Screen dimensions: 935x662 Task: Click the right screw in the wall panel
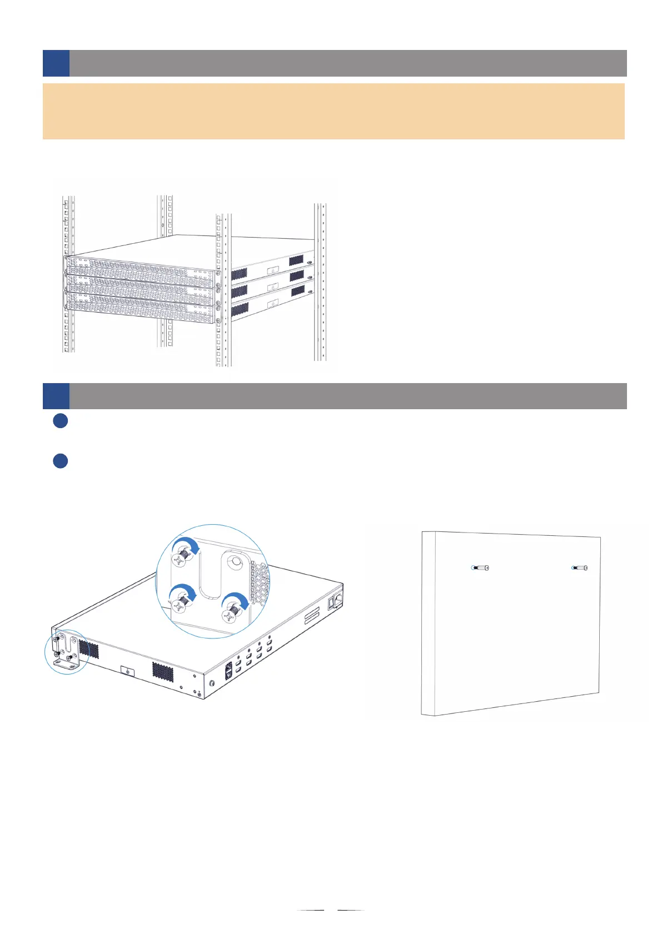click(x=580, y=568)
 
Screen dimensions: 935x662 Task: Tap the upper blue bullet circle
click(x=61, y=421)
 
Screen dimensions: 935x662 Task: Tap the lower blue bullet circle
click(x=61, y=461)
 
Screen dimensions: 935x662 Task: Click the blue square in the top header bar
click(x=56, y=63)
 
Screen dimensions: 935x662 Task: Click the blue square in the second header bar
click(x=56, y=396)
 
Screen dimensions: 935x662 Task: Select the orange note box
click(x=334, y=111)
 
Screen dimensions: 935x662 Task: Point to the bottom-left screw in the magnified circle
click(x=181, y=602)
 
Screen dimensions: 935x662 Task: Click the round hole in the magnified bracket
click(x=236, y=561)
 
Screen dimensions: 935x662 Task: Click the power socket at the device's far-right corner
click(x=336, y=602)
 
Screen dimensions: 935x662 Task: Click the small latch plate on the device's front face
click(x=127, y=671)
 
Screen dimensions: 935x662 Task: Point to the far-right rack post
click(x=320, y=283)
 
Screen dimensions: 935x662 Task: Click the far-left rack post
click(x=68, y=275)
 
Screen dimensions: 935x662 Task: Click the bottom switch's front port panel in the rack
click(x=139, y=309)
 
